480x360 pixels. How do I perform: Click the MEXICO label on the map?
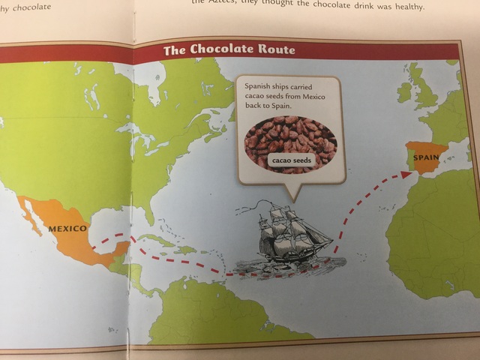pos(68,228)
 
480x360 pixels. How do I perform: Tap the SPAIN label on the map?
pos(425,158)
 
